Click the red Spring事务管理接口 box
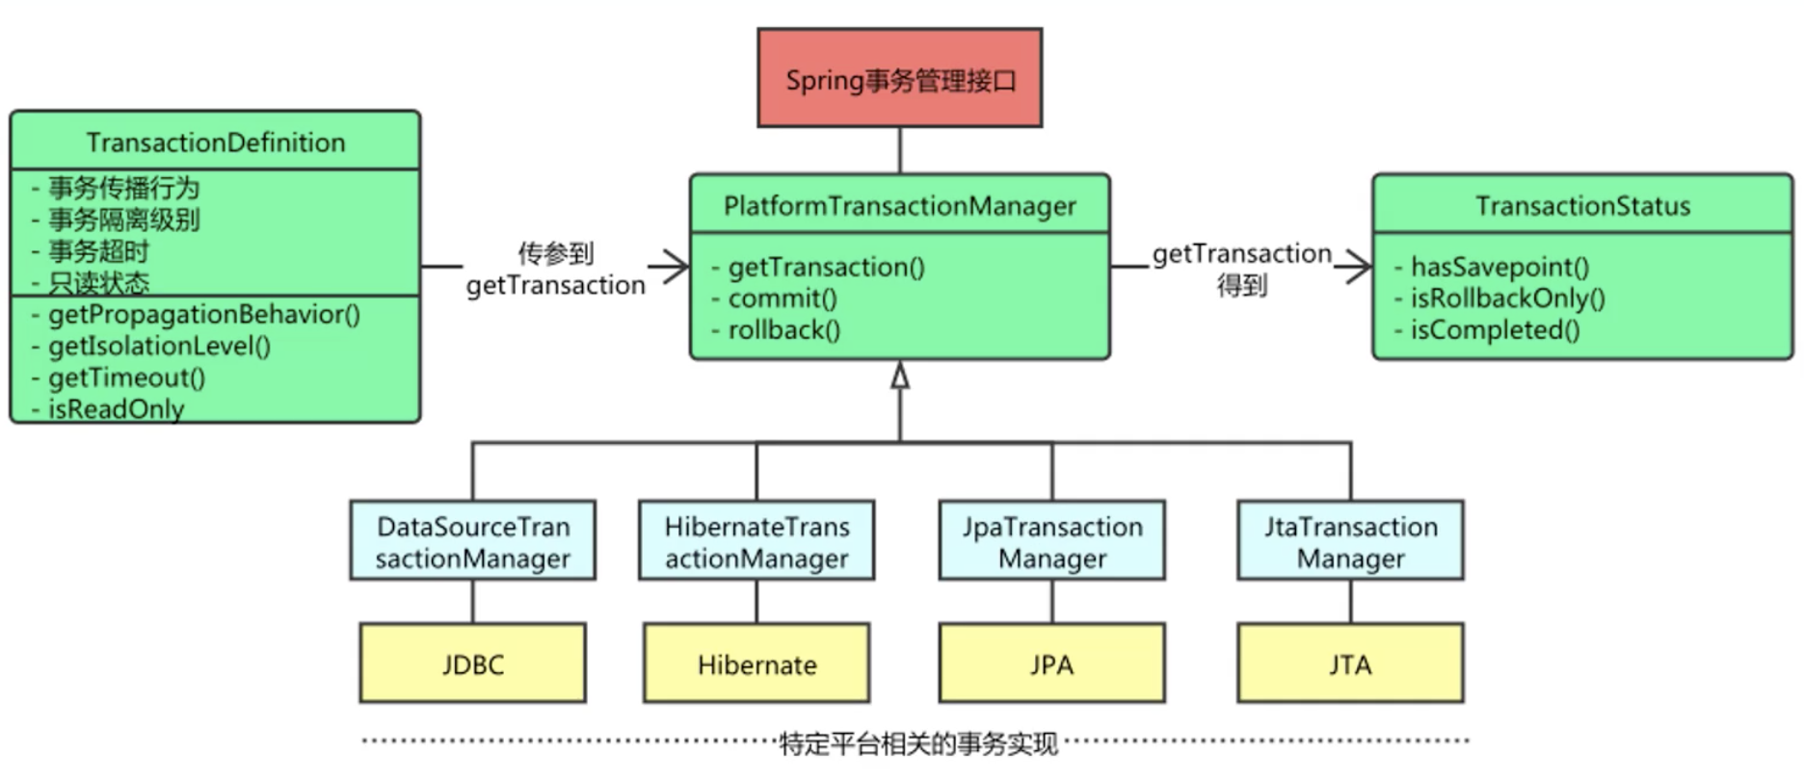click(899, 78)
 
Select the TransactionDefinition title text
click(215, 143)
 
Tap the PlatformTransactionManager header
click(899, 205)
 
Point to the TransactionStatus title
click(1582, 205)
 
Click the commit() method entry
click(782, 299)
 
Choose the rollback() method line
click(783, 330)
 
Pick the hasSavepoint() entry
click(1499, 267)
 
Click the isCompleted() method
click(1495, 330)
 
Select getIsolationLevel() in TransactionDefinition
click(159, 346)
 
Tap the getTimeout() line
click(126, 377)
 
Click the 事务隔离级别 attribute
click(123, 220)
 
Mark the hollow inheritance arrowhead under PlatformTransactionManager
click(900, 376)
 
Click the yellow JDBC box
click(472, 664)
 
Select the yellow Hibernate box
click(756, 664)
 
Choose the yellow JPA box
click(1051, 664)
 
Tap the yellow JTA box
click(1350, 664)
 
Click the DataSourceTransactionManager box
click(472, 541)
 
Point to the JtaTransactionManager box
click(1350, 541)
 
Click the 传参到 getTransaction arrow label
click(555, 270)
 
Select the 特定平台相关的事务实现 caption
click(917, 743)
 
